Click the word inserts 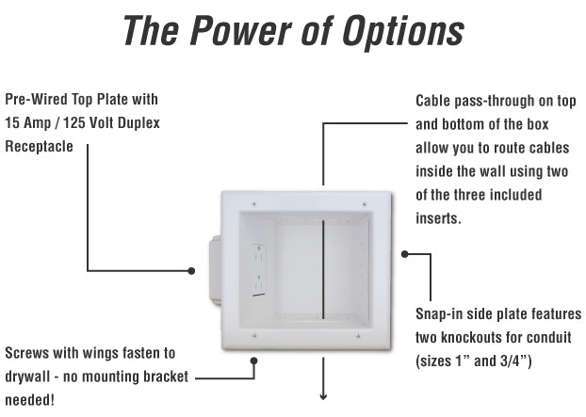(439, 219)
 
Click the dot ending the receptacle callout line (191, 271)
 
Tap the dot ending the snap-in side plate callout (404, 254)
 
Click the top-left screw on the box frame (253, 202)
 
